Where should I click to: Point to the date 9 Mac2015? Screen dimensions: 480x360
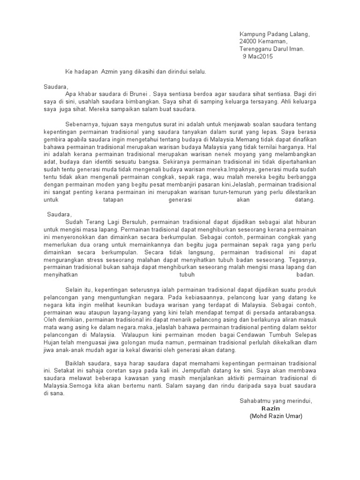tap(257, 56)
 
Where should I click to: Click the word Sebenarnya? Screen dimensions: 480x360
tap(81, 124)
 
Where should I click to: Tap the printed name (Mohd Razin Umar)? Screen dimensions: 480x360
tap(277, 416)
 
